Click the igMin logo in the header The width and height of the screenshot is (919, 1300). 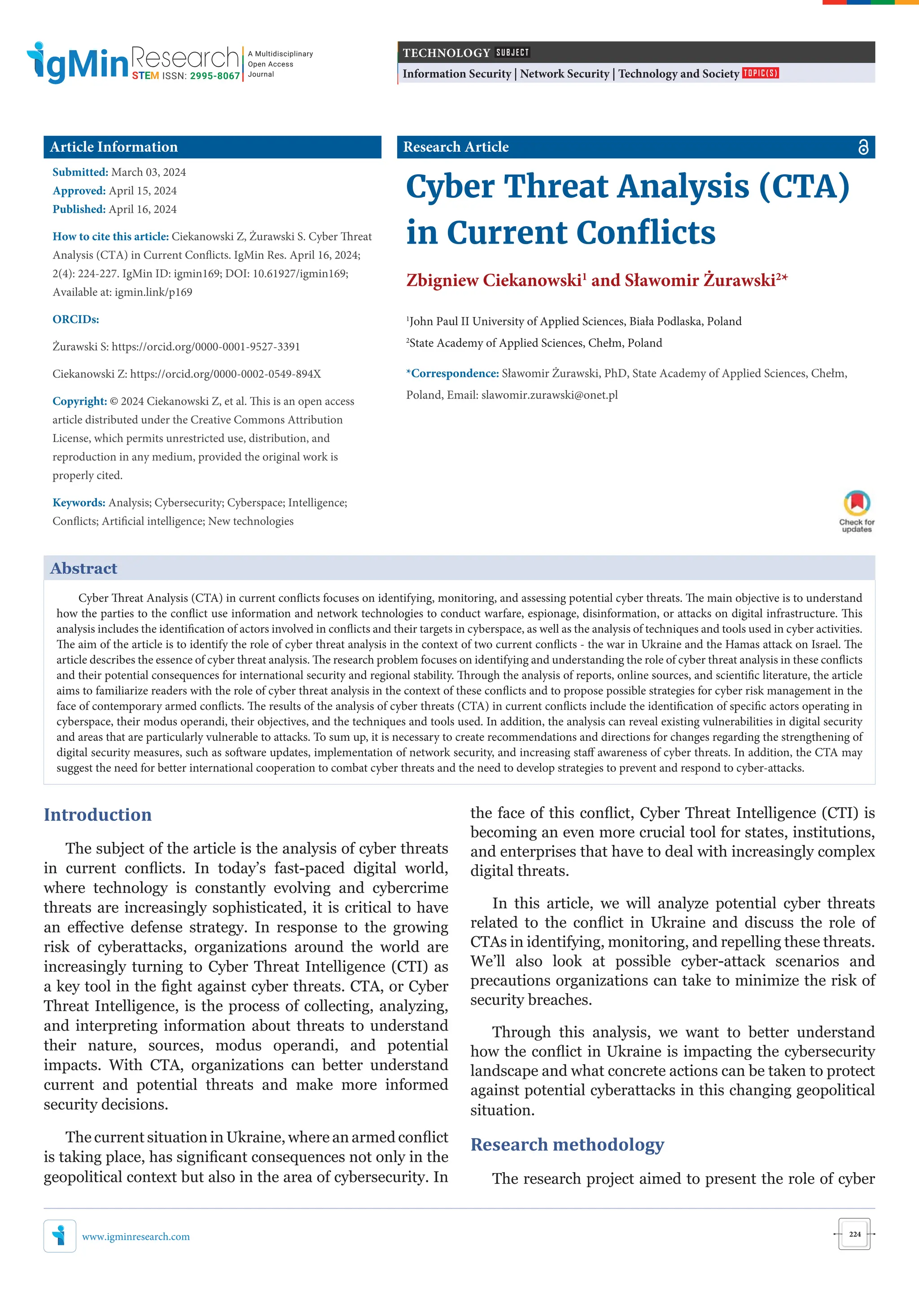point(78,62)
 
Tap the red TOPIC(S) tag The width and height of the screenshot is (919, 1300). point(761,73)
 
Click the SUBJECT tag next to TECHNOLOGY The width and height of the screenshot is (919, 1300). point(512,53)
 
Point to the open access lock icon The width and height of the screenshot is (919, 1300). point(863,147)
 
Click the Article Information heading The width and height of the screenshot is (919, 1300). point(114,147)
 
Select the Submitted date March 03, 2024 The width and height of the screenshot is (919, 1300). point(149,172)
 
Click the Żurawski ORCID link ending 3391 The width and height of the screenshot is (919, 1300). point(206,346)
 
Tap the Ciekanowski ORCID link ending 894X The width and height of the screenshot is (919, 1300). point(225,374)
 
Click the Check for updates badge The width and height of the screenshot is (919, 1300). point(857,511)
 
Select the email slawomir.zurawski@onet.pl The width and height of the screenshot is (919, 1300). point(549,395)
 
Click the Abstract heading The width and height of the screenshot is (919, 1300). point(84,569)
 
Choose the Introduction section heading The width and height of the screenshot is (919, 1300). point(98,815)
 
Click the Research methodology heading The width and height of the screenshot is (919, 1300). point(567,1144)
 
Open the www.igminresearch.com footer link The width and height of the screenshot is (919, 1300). point(136,1237)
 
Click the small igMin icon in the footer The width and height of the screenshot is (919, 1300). point(59,1236)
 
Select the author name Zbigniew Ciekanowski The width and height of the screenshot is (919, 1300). point(494,280)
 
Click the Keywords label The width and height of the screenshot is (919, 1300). point(79,503)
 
